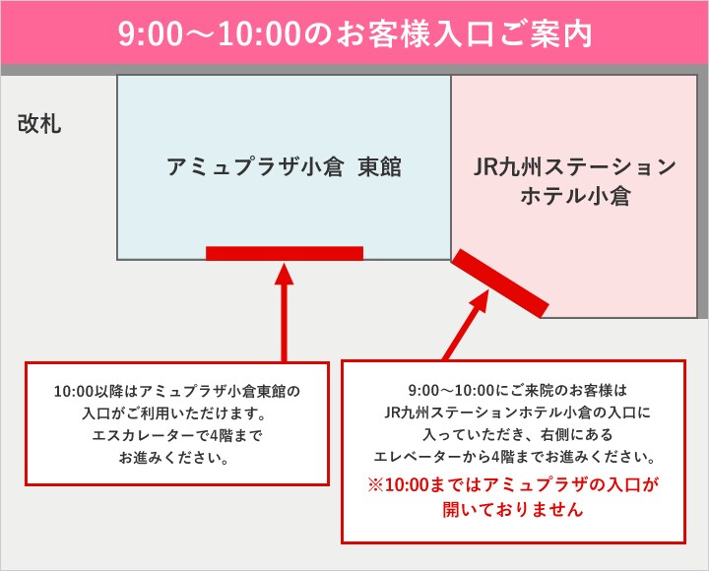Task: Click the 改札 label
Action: point(39,123)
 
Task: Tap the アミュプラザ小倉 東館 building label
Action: point(284,166)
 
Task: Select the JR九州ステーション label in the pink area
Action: point(575,166)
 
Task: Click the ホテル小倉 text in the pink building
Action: point(575,196)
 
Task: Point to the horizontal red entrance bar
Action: point(285,253)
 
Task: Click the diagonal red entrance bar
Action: point(500,284)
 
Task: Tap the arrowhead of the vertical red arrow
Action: point(284,274)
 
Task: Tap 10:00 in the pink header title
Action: point(259,33)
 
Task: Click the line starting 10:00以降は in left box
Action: point(177,391)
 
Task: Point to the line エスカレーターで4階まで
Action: point(177,435)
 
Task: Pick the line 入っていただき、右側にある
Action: point(517,434)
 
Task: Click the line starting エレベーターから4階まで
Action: point(515,457)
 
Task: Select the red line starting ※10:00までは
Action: point(513,484)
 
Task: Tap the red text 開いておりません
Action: point(513,510)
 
